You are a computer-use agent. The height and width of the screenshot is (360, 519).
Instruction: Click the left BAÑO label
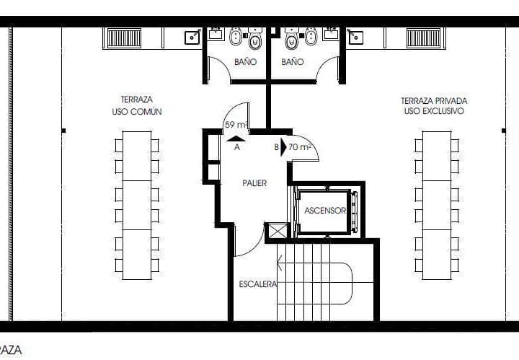click(x=245, y=62)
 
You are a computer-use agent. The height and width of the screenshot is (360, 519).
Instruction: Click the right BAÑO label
click(x=293, y=62)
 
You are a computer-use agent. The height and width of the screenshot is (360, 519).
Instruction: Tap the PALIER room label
click(x=254, y=183)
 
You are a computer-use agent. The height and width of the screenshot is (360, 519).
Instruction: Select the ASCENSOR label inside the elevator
click(x=325, y=211)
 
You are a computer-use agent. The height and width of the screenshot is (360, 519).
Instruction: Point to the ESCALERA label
click(x=258, y=284)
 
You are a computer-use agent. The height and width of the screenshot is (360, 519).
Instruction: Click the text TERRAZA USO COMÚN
click(x=137, y=106)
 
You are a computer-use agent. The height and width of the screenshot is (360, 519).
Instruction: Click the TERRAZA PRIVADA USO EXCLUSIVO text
click(x=432, y=106)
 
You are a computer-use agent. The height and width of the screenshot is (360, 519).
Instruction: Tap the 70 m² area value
click(x=299, y=147)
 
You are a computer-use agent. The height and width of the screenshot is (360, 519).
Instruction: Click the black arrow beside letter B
click(x=283, y=147)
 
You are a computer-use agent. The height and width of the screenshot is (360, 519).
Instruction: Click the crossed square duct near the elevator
click(x=277, y=231)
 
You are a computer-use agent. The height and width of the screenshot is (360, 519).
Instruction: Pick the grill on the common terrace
click(x=125, y=37)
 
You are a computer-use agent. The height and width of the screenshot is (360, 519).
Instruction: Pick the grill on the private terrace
click(x=422, y=37)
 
